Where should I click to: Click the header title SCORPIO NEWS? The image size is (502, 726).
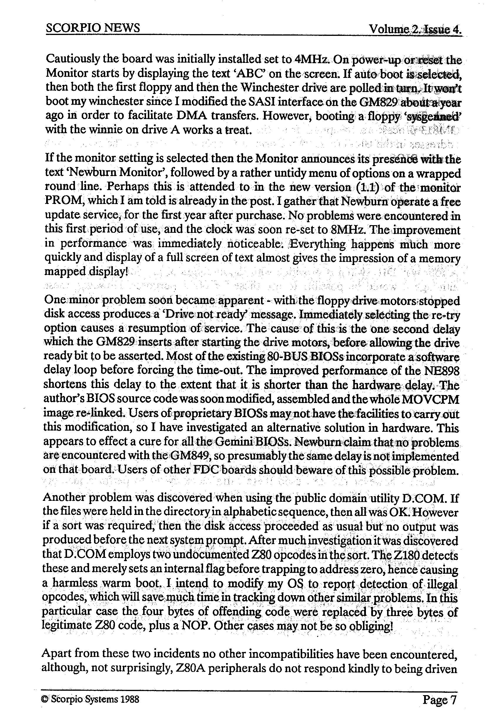93,28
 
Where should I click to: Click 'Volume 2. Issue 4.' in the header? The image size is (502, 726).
416,30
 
